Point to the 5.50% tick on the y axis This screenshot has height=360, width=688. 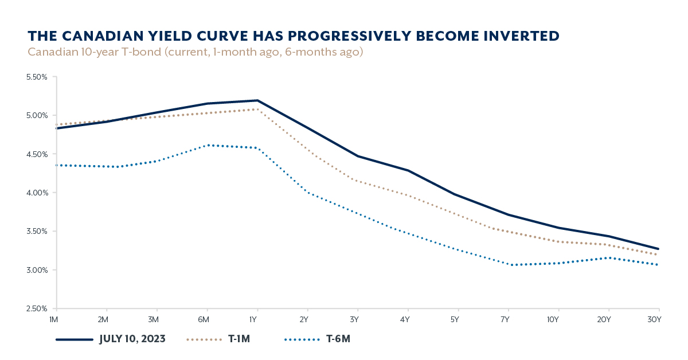coord(36,77)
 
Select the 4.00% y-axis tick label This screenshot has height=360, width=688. coord(36,193)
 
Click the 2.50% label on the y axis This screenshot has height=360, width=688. coord(36,309)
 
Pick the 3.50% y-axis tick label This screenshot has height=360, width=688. coord(36,232)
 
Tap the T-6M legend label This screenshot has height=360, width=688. coord(338,339)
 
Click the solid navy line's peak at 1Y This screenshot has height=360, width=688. coord(257,100)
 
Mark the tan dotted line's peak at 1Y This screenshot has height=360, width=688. coord(257,109)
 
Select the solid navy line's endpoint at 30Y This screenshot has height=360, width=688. coord(659,249)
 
